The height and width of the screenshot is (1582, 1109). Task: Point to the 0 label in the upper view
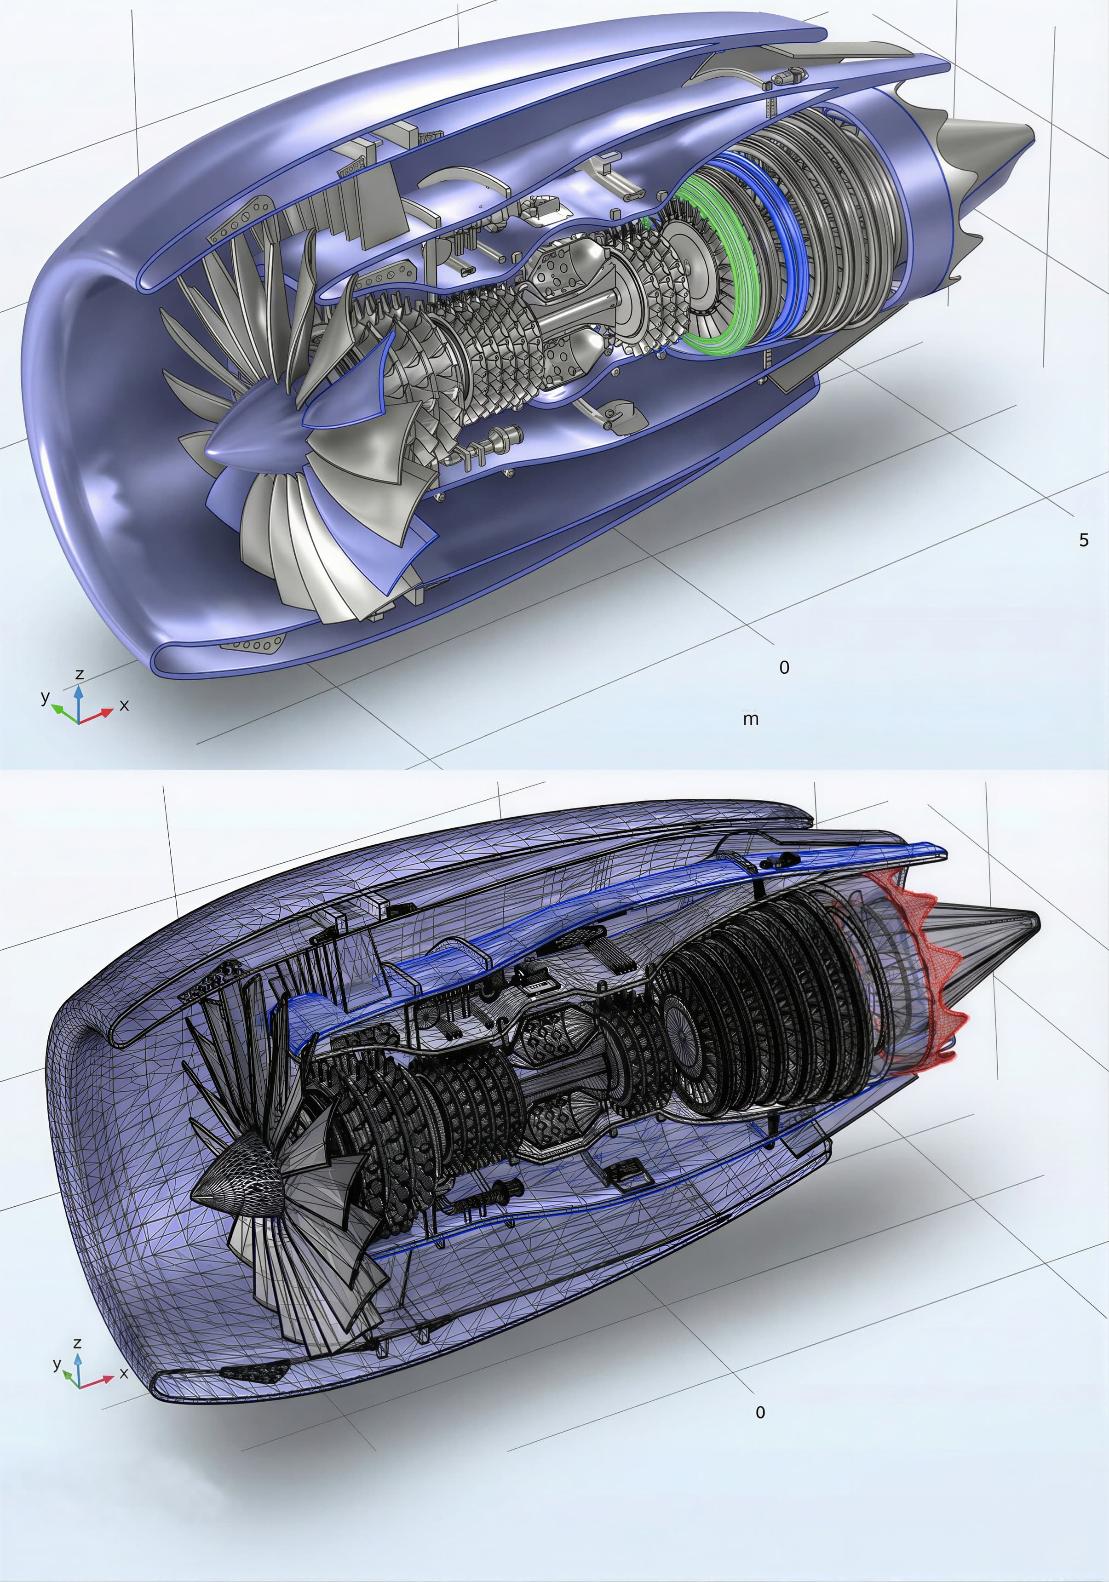click(x=784, y=667)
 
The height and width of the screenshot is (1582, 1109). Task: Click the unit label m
click(x=751, y=719)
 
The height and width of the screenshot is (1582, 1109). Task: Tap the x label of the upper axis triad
click(x=124, y=705)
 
